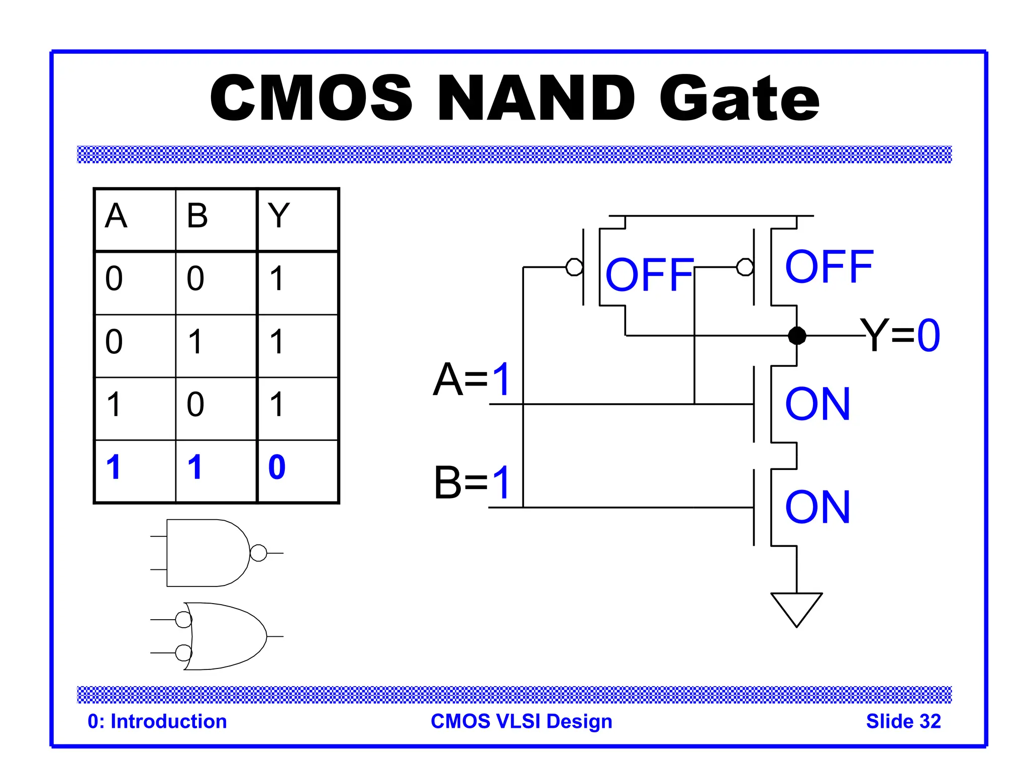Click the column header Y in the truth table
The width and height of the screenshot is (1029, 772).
pyautogui.click(x=279, y=216)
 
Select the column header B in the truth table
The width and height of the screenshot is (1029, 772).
pyautogui.click(x=197, y=216)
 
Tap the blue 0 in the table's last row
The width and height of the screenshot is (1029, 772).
pyautogui.click(x=277, y=467)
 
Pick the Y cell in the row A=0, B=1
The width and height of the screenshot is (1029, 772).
pyautogui.click(x=277, y=342)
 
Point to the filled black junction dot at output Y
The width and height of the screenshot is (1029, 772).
pyautogui.click(x=797, y=335)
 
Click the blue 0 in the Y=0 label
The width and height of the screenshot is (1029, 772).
pyautogui.click(x=928, y=335)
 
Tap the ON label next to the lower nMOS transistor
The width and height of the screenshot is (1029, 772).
pyautogui.click(x=817, y=508)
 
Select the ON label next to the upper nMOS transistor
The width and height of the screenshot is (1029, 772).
pyautogui.click(x=817, y=404)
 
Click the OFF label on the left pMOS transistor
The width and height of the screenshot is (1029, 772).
pyautogui.click(x=650, y=275)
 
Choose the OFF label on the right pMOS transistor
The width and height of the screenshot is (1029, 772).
pyautogui.click(x=829, y=267)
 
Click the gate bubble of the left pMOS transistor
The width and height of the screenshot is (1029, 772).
pyautogui.click(x=574, y=267)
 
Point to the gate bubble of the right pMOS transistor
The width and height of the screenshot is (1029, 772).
pyautogui.click(x=745, y=267)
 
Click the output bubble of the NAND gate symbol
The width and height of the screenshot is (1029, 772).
pyautogui.click(x=258, y=553)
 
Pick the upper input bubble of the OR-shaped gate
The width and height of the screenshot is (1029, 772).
pyautogui.click(x=183, y=620)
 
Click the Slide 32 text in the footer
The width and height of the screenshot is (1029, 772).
pyautogui.click(x=903, y=721)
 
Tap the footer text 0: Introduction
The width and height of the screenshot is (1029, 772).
pyautogui.click(x=157, y=721)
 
